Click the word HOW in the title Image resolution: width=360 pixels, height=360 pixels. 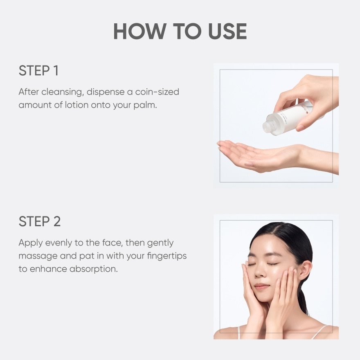pos(140,31)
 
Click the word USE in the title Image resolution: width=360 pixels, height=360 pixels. pos(227,31)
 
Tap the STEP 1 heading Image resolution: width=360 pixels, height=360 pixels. pos(38,70)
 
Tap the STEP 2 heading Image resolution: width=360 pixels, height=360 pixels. pos(40,221)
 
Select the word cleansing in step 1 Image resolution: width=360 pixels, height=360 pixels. pos(61,92)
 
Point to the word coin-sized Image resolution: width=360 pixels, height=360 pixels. pos(157,92)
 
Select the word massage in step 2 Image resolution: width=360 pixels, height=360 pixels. pos(38,256)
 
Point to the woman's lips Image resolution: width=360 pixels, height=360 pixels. pos(261,286)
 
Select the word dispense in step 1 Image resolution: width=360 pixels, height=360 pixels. pos(106,92)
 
